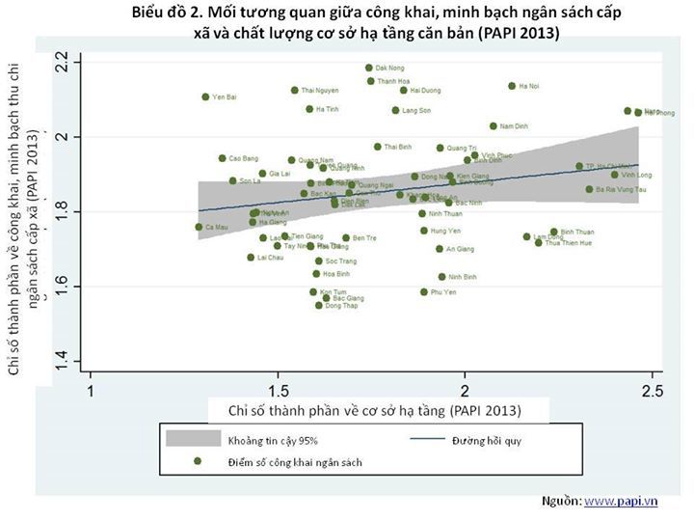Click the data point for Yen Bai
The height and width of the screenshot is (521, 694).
[205, 96]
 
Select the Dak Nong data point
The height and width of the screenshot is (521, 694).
[368, 68]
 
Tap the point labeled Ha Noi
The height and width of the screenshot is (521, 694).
[512, 86]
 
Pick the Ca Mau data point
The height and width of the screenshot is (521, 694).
[199, 227]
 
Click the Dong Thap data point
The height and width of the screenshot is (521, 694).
[319, 305]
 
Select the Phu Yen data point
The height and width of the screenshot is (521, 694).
[423, 291]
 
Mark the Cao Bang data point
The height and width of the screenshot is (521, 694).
[222, 158]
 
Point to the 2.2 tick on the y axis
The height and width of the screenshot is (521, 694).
[63, 64]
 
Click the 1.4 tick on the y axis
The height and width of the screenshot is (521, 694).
[63, 361]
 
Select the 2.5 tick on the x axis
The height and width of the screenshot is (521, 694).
[653, 391]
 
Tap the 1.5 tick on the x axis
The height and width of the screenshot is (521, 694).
[279, 391]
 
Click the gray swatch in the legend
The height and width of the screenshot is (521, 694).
[188, 439]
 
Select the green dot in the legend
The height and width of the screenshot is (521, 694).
[198, 461]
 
